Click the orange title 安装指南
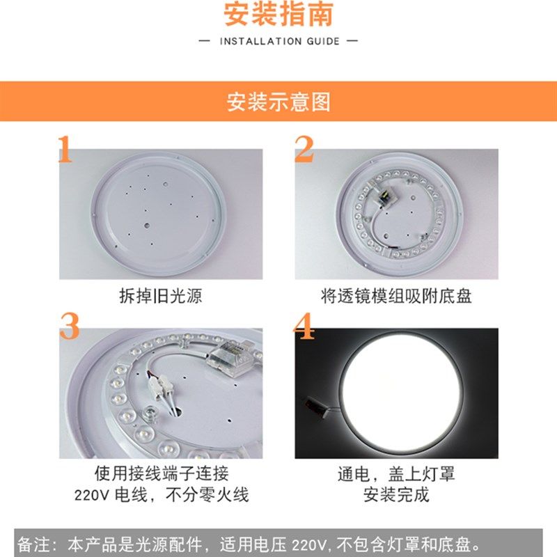[x=278, y=14]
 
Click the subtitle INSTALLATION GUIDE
[x=278, y=41]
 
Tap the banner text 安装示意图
[x=278, y=102]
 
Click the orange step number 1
[x=65, y=149]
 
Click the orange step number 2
[x=304, y=149]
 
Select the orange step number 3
[x=69, y=327]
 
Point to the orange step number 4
[x=305, y=327]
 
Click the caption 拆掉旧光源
[x=161, y=296]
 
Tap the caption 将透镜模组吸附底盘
[x=396, y=296]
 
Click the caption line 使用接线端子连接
[x=161, y=474]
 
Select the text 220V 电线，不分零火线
[x=161, y=496]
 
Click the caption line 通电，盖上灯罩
[x=396, y=474]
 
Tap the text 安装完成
[x=396, y=496]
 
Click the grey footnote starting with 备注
[x=258, y=543]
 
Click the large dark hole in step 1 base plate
[x=148, y=226]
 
